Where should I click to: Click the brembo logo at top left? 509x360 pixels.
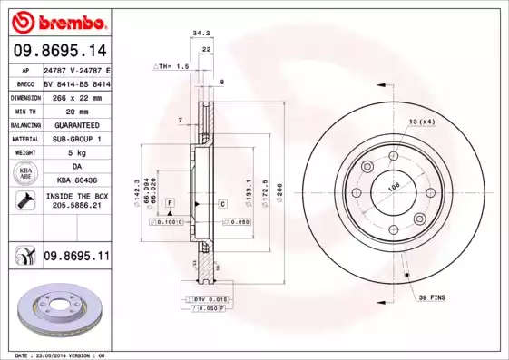(x=58, y=21)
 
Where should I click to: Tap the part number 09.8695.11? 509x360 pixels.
(x=76, y=258)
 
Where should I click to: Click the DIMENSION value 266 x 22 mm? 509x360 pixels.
(x=76, y=96)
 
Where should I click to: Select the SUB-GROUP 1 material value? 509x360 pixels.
(x=76, y=139)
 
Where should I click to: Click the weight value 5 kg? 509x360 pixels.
(x=76, y=153)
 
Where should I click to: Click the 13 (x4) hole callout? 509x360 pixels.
(x=422, y=122)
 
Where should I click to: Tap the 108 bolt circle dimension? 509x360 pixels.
(x=393, y=188)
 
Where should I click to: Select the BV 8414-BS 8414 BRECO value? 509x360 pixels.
(x=76, y=83)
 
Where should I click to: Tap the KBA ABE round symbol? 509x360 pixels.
(x=24, y=174)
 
